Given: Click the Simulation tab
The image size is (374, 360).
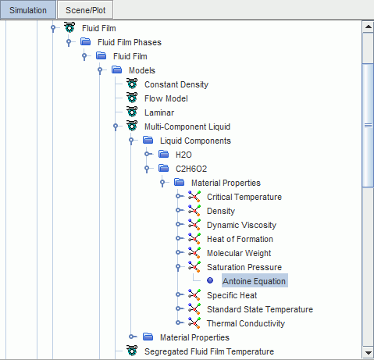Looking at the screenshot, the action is pyautogui.click(x=28, y=10).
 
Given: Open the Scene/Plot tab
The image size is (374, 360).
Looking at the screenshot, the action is pyautogui.click(x=85, y=10).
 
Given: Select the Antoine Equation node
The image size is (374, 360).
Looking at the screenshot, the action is pyautogui.click(x=254, y=281).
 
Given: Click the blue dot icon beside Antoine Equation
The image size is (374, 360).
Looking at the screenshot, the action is pyautogui.click(x=210, y=280).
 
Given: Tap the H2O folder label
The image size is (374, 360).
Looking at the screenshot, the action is pyautogui.click(x=183, y=155).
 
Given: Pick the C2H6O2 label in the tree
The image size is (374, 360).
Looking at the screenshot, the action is pyautogui.click(x=191, y=169).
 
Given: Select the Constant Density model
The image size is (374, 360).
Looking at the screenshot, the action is pyautogui.click(x=176, y=84).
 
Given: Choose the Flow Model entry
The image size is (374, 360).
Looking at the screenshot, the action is pyautogui.click(x=166, y=98).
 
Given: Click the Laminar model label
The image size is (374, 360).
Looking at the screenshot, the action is pyautogui.click(x=159, y=112).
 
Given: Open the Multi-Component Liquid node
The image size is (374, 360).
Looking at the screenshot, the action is pyautogui.click(x=187, y=127).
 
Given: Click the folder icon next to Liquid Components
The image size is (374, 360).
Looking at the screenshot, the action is pyautogui.click(x=148, y=141).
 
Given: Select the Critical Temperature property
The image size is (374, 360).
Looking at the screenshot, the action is pyautogui.click(x=244, y=197).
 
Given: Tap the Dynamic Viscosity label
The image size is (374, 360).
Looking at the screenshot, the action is pyautogui.click(x=241, y=225).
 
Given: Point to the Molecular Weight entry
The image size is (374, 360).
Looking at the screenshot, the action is pyautogui.click(x=239, y=253).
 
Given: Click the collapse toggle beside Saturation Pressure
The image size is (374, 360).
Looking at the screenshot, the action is pyautogui.click(x=178, y=267).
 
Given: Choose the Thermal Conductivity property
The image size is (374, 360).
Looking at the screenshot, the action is pyautogui.click(x=246, y=323).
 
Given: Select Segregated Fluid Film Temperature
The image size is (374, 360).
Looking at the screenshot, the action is pyautogui.click(x=209, y=351).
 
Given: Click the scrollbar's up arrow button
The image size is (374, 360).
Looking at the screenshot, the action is pyautogui.click(x=368, y=27).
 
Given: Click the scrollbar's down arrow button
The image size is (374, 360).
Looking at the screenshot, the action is pyautogui.click(x=368, y=353).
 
